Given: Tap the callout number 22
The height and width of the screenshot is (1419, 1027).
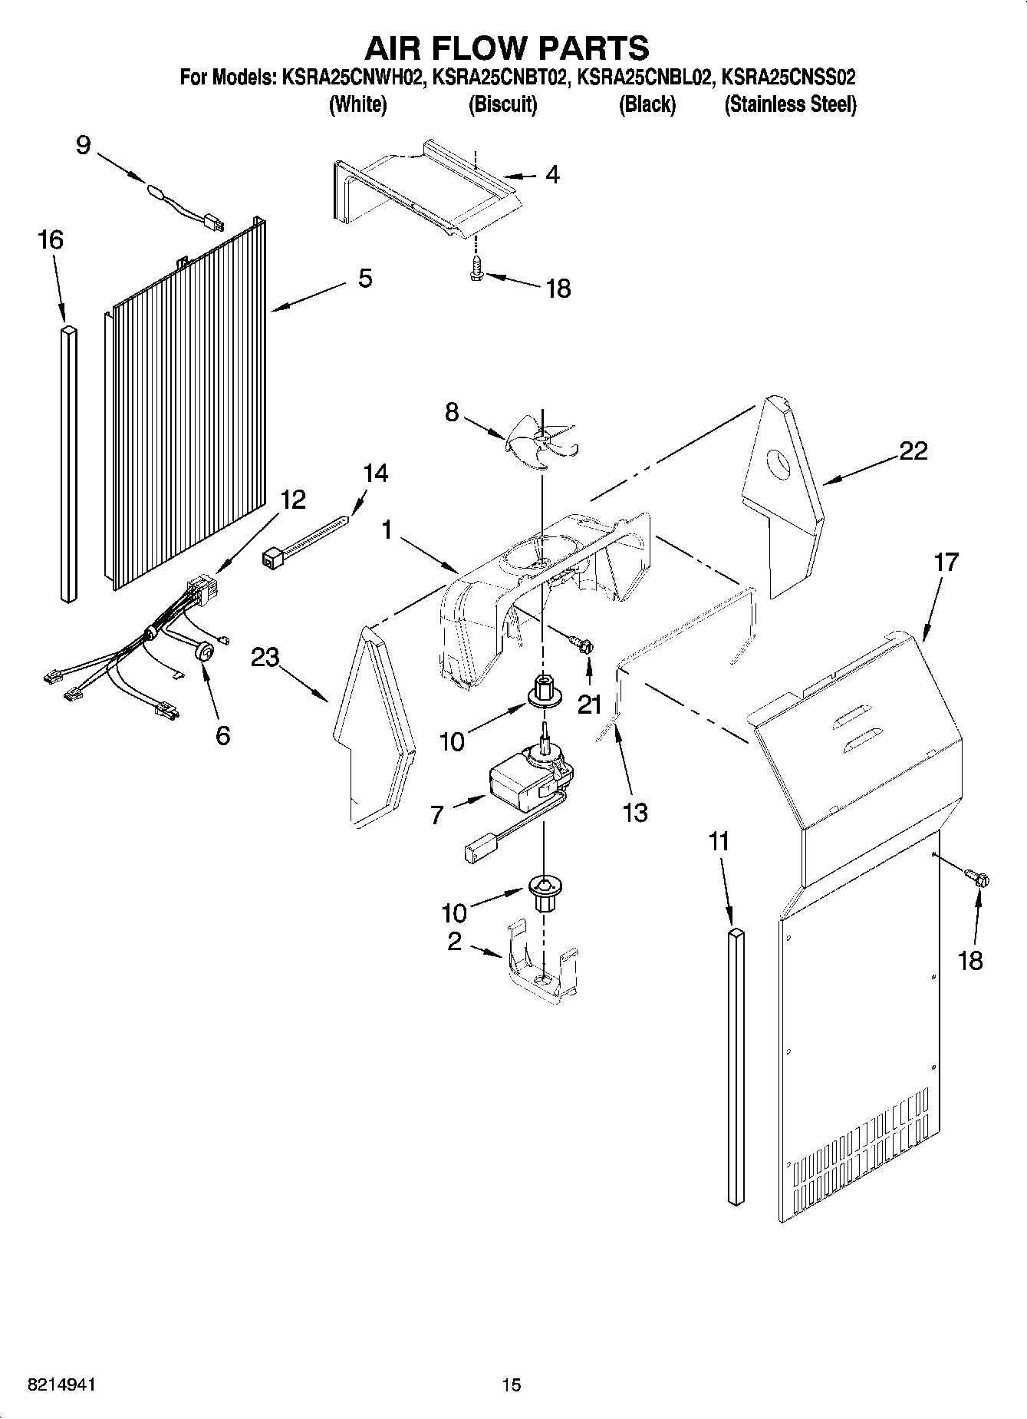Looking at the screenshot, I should coord(913,450).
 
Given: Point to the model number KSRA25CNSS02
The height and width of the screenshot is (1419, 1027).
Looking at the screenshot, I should coord(789,78).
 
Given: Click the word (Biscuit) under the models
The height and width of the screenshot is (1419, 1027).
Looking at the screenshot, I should coord(502,104).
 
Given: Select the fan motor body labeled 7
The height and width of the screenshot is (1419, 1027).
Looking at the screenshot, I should coord(522,783).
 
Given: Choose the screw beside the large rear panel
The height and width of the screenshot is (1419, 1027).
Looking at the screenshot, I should coord(978,876).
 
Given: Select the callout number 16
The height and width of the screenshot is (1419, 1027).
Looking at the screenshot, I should coord(51,240).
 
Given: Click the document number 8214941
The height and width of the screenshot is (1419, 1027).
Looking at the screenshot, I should coord(62,1384).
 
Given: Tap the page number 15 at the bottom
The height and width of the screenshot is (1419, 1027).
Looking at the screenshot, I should coord(512,1384).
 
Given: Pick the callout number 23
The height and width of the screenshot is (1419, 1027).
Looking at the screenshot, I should coord(265,658).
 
